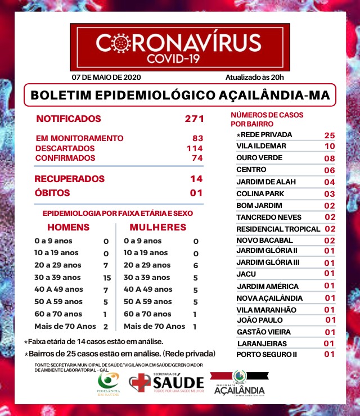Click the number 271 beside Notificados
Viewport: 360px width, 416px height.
pyautogui.click(x=193, y=119)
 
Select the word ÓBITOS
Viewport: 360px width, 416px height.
pyautogui.click(x=52, y=193)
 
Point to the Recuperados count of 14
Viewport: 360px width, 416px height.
pyautogui.click(x=196, y=179)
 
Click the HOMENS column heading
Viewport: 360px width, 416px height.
pyautogui.click(x=68, y=228)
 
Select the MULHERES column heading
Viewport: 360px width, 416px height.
pyautogui.click(x=158, y=228)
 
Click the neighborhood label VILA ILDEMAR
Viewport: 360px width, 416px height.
pyautogui.click(x=261, y=146)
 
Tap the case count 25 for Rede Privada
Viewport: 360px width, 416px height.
pyautogui.click(x=330, y=135)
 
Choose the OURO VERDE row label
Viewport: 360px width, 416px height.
pyautogui.click(x=259, y=158)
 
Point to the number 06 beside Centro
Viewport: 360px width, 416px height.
pyautogui.click(x=330, y=170)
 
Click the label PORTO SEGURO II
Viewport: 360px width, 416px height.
pyautogui.click(x=266, y=355)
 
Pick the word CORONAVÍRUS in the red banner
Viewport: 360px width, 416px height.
pyautogui.click(x=179, y=43)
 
